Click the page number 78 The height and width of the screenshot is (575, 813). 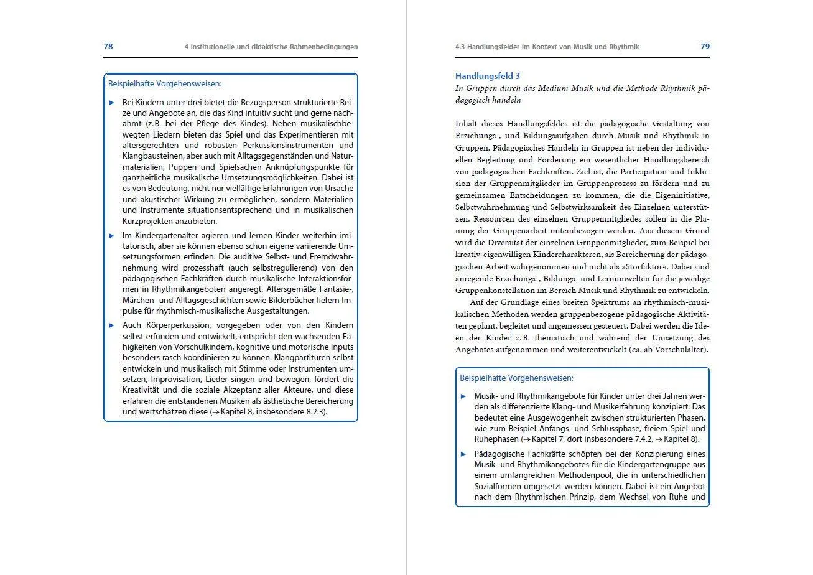pos(108,47)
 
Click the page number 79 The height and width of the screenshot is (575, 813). pos(705,47)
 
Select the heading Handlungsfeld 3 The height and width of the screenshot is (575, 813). pos(488,76)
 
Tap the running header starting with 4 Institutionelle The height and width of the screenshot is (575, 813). pos(271,47)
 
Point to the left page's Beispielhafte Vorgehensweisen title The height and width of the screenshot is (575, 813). pos(165,83)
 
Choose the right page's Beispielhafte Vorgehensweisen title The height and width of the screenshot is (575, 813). pos(516,378)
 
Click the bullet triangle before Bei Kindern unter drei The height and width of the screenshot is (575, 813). pos(112,102)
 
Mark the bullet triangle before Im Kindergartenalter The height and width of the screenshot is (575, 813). pos(112,236)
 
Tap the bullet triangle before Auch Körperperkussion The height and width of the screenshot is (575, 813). pos(112,325)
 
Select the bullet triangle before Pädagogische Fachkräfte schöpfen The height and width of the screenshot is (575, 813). pos(463,454)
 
